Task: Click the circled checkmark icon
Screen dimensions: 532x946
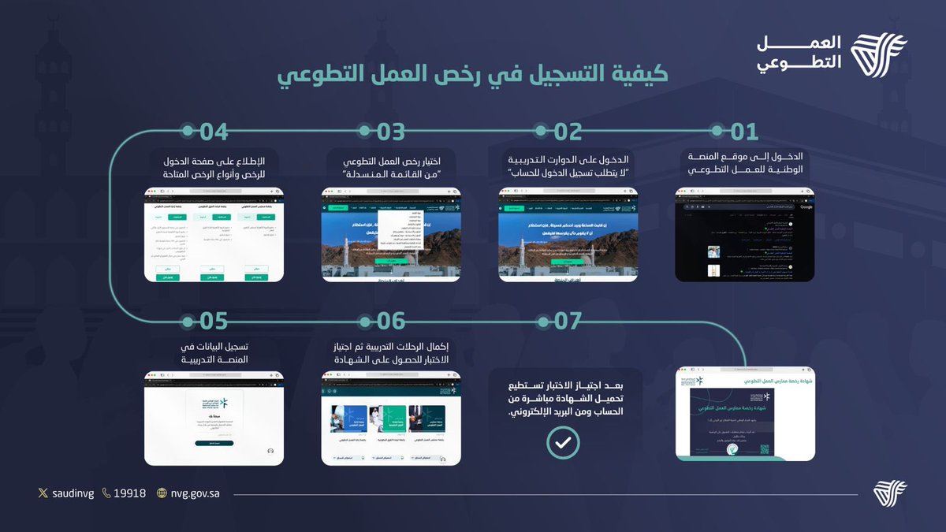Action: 563,443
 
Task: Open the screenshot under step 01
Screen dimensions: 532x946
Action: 744,235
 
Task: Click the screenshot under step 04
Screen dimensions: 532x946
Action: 214,235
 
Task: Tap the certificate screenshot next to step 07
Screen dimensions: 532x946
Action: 746,414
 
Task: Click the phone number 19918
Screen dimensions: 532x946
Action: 129,493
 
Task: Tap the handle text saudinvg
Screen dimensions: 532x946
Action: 71,493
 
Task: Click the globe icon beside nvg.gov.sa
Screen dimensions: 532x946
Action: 162,493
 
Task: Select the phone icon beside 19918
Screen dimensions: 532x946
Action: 106,493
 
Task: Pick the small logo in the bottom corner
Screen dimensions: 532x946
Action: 890,493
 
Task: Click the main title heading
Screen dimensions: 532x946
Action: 473,74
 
